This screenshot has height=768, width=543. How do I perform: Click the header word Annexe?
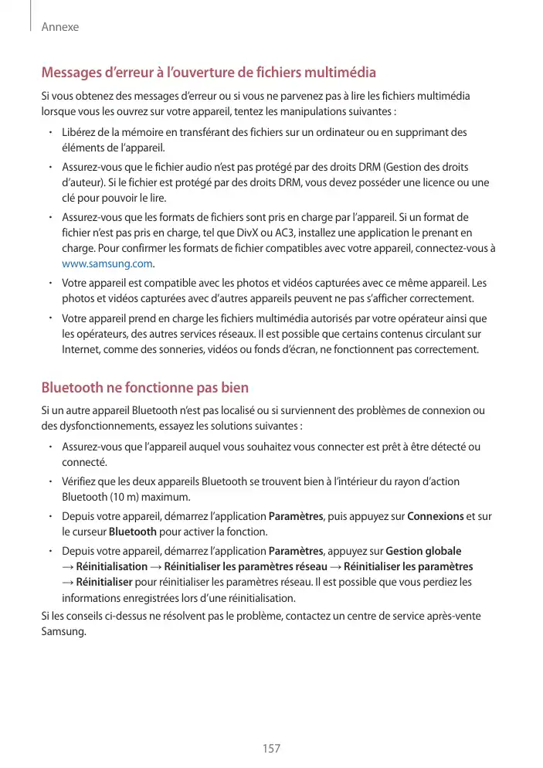(60, 27)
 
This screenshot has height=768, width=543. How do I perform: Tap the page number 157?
(271, 749)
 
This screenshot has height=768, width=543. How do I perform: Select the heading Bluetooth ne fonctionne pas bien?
(144, 387)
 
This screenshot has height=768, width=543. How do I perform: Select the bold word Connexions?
(435, 516)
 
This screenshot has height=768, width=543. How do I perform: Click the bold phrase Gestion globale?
(423, 551)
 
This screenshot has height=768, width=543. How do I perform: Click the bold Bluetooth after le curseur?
(133, 532)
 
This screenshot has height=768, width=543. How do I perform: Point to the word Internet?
(82, 349)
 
